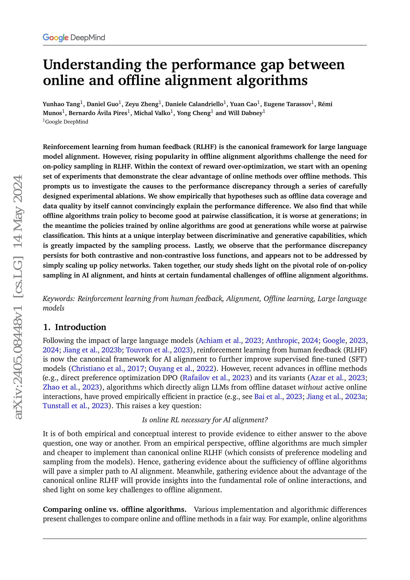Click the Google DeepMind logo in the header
tap(74, 38)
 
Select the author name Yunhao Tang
tap(61, 104)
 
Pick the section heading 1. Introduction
tap(74, 327)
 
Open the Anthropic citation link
tap(282, 340)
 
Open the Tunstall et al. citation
tap(65, 406)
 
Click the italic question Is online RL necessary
tap(205, 420)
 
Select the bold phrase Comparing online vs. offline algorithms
tap(115, 510)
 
